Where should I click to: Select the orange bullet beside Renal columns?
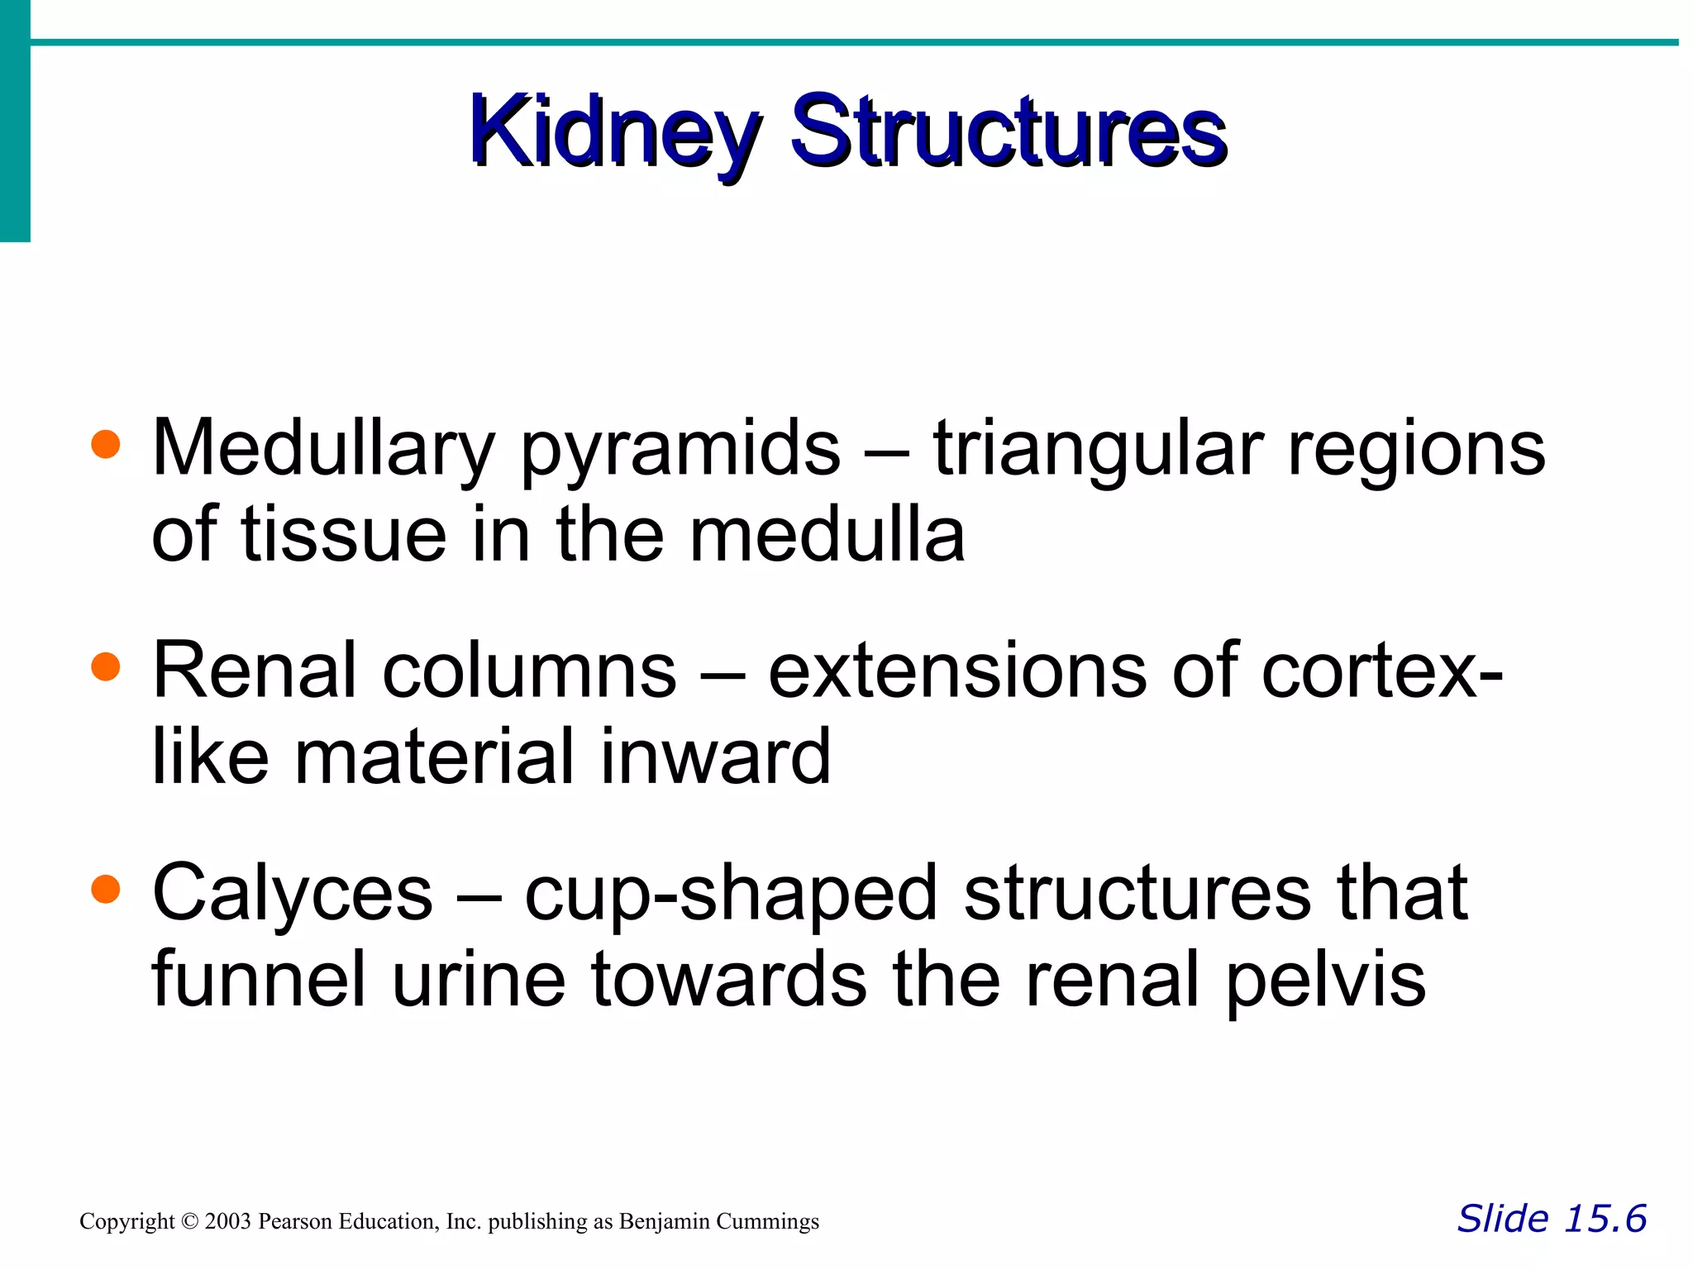[106, 666]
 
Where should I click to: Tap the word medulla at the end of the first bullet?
[827, 535]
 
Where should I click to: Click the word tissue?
[344, 535]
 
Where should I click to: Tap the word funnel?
[258, 980]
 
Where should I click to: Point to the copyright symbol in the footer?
[190, 1221]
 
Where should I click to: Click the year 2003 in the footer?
[227, 1221]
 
